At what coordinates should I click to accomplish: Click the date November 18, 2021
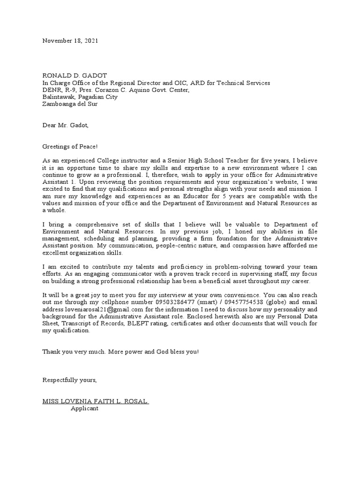(x=70, y=41)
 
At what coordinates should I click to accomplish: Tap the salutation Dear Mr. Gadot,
(x=65, y=125)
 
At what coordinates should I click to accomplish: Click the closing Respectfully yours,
(x=70, y=380)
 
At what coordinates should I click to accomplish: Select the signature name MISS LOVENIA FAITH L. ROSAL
(x=96, y=401)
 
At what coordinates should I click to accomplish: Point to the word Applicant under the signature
(x=84, y=408)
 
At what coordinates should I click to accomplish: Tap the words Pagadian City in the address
(x=97, y=97)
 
